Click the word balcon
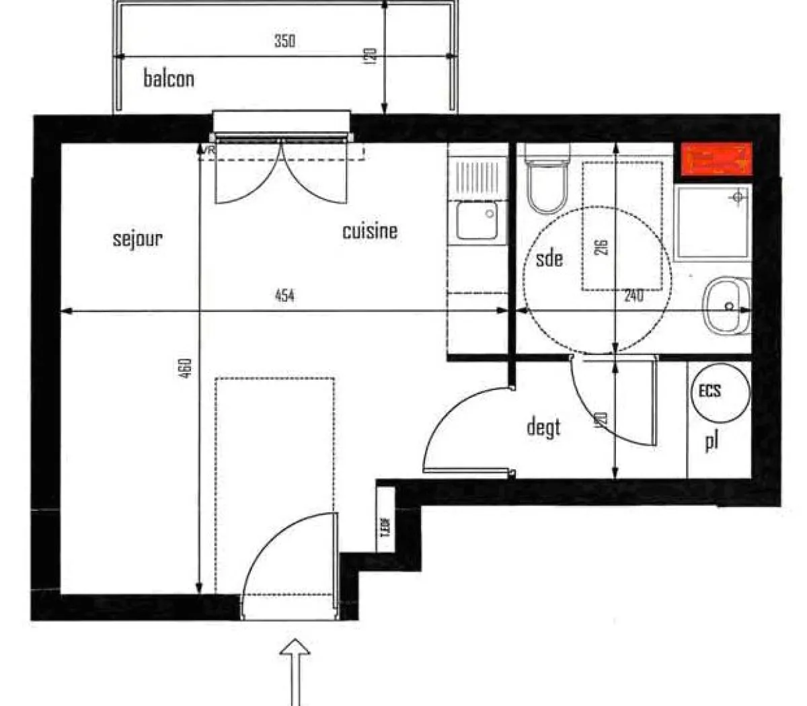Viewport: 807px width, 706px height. [169, 79]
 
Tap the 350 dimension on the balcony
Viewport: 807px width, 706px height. [284, 41]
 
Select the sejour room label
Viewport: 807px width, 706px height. [138, 239]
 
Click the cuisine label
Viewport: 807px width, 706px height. [370, 231]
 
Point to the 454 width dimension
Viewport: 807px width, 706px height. [284, 295]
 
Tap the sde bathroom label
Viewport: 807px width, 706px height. [549, 258]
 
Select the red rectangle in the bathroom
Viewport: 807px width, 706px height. [716, 159]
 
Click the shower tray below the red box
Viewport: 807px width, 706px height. [712, 222]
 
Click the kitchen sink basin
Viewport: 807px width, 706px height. [476, 220]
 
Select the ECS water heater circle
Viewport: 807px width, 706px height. [719, 391]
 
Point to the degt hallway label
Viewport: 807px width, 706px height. [543, 427]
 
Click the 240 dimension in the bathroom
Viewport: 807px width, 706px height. [633, 295]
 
